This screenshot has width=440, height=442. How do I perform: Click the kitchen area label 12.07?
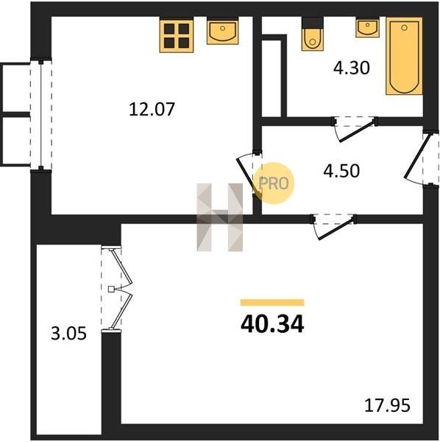(152, 109)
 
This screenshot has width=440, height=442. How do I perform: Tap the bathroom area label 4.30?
(351, 69)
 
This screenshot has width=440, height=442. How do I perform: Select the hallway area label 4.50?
(341, 171)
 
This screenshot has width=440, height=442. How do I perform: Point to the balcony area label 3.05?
(68, 334)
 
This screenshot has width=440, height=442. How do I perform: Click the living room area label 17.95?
(387, 406)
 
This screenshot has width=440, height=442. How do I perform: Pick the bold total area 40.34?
(272, 324)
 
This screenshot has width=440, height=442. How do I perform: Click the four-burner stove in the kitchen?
(177, 35)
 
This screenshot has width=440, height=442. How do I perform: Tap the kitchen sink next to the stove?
(223, 30)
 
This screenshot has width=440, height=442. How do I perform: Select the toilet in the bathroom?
(313, 34)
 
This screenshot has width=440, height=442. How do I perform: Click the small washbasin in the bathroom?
(367, 27)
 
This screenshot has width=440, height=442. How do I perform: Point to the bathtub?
(404, 56)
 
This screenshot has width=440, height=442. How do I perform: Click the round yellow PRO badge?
(274, 183)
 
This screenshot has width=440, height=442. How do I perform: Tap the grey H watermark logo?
(219, 217)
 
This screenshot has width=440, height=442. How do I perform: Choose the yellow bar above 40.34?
(272, 303)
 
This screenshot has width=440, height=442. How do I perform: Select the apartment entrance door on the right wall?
(422, 158)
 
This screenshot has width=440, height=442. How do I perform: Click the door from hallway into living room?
(333, 227)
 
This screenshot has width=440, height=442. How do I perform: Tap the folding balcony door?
(117, 290)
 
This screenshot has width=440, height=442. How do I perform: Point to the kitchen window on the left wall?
(41, 114)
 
